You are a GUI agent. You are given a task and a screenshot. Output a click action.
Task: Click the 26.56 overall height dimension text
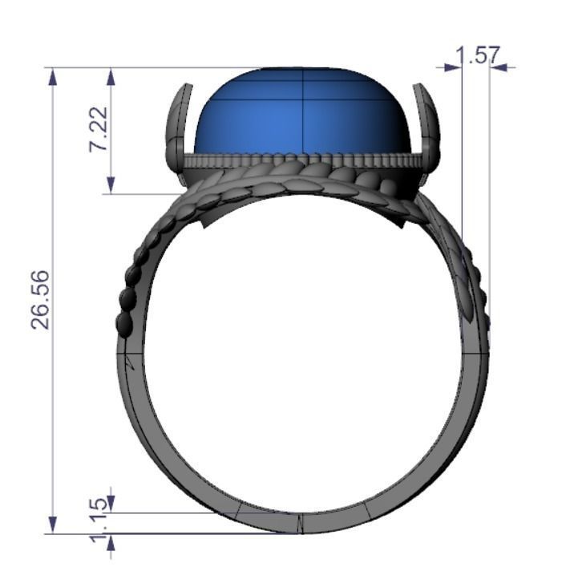[41, 299]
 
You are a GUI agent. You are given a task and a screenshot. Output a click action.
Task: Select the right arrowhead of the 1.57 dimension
[498, 67]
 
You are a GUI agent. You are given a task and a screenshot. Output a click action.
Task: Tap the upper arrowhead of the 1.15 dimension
[111, 504]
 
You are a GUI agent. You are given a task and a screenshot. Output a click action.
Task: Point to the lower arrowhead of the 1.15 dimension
[111, 542]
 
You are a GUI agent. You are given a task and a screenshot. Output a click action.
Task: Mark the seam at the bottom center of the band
[300, 524]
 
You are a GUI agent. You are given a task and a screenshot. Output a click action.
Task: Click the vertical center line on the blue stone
[301, 112]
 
